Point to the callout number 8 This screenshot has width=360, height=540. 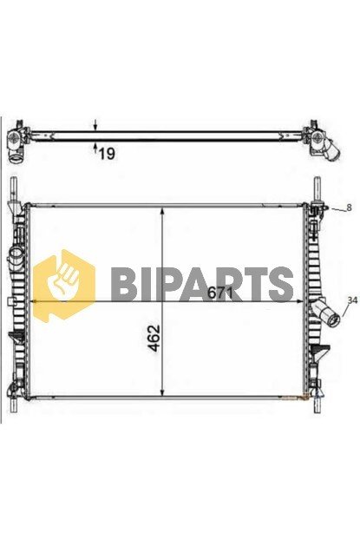coord(349,207)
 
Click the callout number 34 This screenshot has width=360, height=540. coord(350,300)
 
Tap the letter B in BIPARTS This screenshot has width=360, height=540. coord(124,283)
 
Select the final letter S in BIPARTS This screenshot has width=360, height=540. coord(280,283)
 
